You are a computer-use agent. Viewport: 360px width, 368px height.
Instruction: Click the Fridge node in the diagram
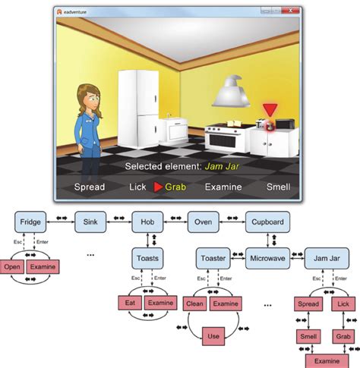pos(30,223)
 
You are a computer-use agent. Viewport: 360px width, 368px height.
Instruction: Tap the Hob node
pos(147,223)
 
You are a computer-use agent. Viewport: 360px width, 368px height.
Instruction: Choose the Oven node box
pos(203,223)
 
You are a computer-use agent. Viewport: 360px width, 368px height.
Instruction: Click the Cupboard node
pos(267,223)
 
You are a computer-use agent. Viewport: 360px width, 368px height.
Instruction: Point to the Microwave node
pos(267,258)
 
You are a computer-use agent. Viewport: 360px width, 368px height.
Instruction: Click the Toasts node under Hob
pos(147,258)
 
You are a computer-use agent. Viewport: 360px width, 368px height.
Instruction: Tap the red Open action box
pos(12,267)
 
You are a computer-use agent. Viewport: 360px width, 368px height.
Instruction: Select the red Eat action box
pos(129,303)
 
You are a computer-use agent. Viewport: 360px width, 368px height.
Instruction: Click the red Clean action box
pos(195,303)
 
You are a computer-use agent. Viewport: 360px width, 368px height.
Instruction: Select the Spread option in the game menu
pos(89,187)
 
